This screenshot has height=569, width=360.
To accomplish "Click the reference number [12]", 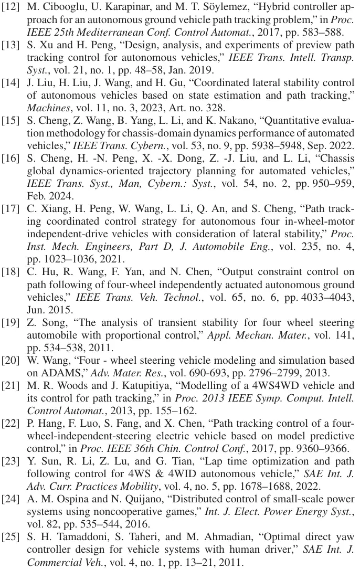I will [12, 8].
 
